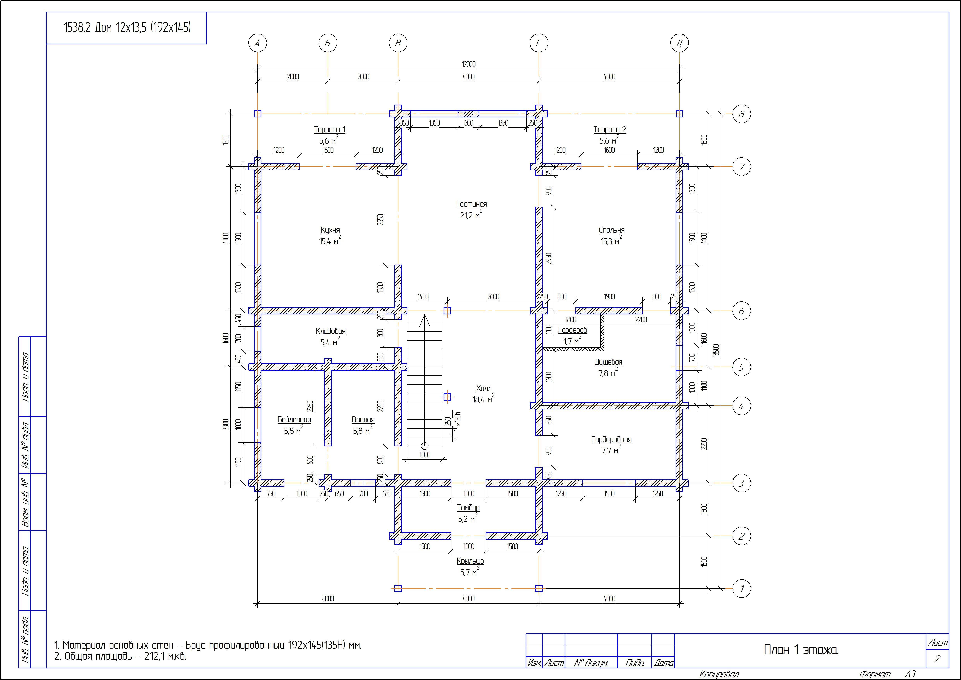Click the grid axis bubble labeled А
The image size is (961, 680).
(257, 43)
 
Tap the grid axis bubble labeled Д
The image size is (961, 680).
(679, 43)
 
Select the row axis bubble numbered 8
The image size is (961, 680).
(741, 114)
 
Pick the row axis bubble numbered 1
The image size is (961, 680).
(741, 589)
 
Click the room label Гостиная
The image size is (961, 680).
(471, 204)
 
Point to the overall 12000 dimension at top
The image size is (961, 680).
(468, 64)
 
